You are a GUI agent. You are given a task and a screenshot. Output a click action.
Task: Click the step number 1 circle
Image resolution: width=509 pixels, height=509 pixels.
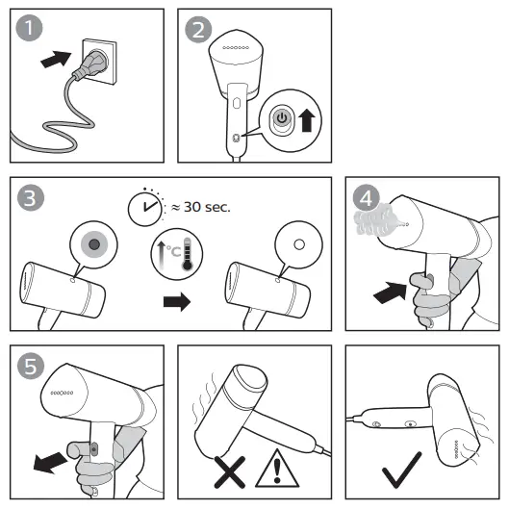coord(29,28)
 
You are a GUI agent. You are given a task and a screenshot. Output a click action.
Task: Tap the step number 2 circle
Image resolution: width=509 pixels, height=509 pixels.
coord(198,30)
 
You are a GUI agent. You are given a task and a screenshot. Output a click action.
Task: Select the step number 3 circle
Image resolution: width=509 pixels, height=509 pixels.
coord(31,197)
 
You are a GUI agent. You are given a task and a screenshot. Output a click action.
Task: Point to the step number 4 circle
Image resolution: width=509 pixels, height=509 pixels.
coord(367,197)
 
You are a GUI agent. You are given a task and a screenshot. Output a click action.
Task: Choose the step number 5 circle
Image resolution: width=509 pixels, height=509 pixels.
coord(31,366)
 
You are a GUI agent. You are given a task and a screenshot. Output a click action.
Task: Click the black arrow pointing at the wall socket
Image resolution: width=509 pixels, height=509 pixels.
coord(56,59)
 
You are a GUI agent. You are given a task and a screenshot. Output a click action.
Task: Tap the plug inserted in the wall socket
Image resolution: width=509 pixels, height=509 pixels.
coord(91,64)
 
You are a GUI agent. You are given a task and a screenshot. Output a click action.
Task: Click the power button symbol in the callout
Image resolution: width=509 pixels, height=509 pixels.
coord(282,117)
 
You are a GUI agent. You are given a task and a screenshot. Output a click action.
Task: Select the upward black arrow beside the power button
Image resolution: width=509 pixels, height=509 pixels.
coord(307,120)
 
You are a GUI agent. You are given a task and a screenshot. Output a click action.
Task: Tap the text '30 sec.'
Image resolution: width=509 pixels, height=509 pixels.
coord(207,207)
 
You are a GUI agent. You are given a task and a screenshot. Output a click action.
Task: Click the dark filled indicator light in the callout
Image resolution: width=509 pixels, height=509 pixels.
coord(94,244)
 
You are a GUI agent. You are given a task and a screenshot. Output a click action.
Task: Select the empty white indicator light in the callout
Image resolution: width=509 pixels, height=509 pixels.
coord(299,244)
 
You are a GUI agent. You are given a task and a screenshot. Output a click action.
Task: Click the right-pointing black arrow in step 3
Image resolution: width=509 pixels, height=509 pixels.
coord(177,301)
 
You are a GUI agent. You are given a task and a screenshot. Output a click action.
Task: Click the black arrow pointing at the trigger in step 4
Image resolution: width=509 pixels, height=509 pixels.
coord(391,293)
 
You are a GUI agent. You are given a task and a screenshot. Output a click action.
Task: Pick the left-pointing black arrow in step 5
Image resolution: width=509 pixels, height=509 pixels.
coord(51,462)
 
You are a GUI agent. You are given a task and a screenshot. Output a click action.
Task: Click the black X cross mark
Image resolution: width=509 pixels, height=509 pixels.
coord(230,471)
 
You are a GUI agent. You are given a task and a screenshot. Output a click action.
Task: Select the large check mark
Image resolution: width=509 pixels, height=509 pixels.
coord(402,470)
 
